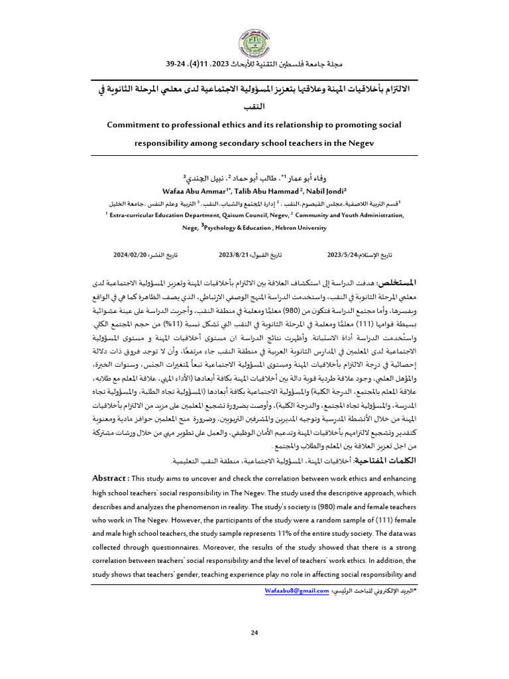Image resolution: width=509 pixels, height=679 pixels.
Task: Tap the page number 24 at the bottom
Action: point(254,633)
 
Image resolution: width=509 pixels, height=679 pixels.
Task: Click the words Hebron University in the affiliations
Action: point(298,228)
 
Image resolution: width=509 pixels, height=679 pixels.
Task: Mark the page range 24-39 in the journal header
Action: point(178,65)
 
